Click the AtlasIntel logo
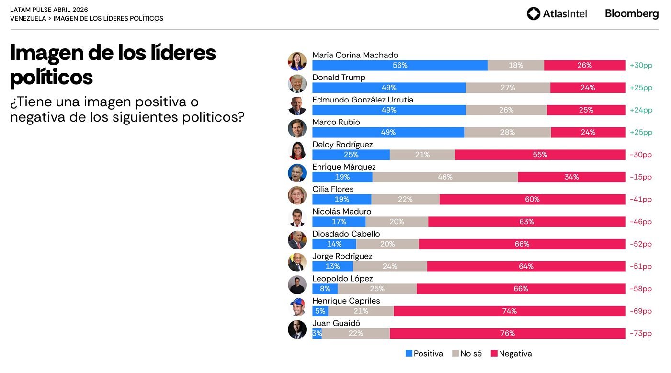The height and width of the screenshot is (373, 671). click(x=557, y=13)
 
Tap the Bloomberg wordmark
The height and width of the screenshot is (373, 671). click(x=631, y=13)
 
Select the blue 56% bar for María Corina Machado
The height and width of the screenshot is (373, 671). click(x=399, y=66)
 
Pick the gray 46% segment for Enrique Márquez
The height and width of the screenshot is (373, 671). click(x=445, y=177)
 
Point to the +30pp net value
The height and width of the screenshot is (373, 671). click(x=641, y=66)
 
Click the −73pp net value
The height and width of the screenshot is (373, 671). click(x=641, y=334)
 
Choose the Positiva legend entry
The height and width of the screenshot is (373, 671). click(x=424, y=354)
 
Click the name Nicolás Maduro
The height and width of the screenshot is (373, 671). click(x=341, y=212)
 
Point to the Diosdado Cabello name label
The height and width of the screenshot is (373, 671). click(x=346, y=234)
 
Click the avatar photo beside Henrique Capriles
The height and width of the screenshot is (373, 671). click(x=297, y=307)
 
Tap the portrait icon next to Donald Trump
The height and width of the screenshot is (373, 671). click(x=297, y=83)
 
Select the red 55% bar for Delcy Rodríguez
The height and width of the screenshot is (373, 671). click(x=540, y=155)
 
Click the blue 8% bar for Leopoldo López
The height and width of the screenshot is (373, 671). click(x=325, y=289)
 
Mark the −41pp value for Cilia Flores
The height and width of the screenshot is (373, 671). click(x=641, y=200)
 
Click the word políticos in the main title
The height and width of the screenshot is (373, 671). click(x=51, y=77)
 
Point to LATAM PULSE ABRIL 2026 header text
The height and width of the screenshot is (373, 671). click(x=49, y=10)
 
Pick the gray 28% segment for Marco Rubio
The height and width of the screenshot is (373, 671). click(x=507, y=133)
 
